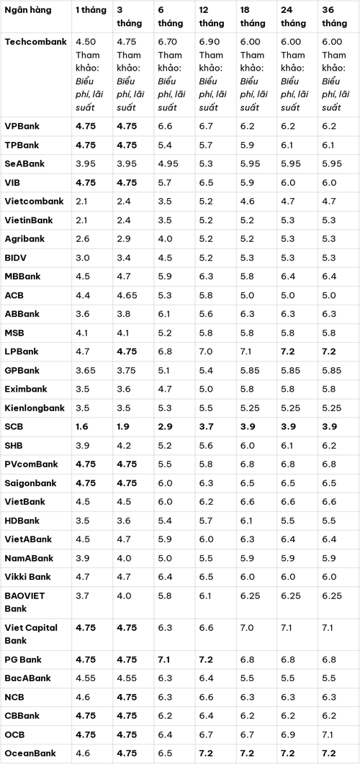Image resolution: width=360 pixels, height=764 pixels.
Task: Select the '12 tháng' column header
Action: pyautogui.click(x=212, y=17)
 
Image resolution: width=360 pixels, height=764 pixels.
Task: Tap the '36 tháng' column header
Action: pyautogui.click(x=335, y=17)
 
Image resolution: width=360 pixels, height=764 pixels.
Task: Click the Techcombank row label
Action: pyautogui.click(x=35, y=42)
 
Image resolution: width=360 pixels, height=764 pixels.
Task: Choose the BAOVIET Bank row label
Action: pyautogui.click(x=25, y=602)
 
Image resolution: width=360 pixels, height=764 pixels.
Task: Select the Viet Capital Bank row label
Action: pyautogui.click(x=31, y=634)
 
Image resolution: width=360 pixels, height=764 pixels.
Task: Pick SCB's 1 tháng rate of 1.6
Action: pyautogui.click(x=82, y=426)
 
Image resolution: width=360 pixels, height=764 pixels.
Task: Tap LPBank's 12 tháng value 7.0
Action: pyautogui.click(x=206, y=351)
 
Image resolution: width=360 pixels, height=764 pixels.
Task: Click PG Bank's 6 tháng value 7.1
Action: pyautogui.click(x=164, y=660)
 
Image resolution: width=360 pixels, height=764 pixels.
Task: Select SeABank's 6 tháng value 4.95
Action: pyautogui.click(x=168, y=163)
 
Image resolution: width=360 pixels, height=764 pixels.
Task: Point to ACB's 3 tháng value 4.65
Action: pyautogui.click(x=127, y=295)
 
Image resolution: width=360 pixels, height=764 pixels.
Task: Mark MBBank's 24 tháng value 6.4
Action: pyautogui.click(x=288, y=277)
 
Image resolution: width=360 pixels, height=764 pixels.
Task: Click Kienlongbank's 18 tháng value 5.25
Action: pyautogui.click(x=250, y=408)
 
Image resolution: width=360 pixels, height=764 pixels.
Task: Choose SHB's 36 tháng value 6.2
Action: pyautogui.click(x=329, y=445)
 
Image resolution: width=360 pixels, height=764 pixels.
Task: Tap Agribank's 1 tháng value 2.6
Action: pyautogui.click(x=82, y=239)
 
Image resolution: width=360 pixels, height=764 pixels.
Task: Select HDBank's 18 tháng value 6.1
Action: pyautogui.click(x=246, y=521)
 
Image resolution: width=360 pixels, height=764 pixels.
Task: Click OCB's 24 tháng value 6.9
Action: pyautogui.click(x=288, y=734)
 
